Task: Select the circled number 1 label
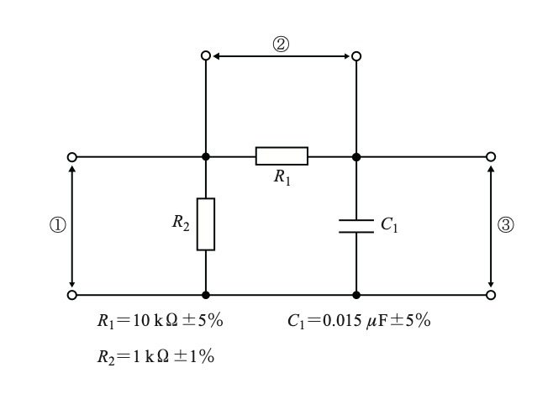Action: [58, 225]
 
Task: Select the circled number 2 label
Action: [281, 45]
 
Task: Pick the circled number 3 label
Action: [506, 225]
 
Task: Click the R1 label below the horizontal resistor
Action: [282, 176]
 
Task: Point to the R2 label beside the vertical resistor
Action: [181, 223]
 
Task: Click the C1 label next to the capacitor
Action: [389, 224]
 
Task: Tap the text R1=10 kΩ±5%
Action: [161, 321]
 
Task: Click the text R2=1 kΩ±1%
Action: [155, 357]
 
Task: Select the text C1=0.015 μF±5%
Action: [359, 321]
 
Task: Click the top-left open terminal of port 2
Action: [206, 55]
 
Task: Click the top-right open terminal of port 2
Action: [356, 56]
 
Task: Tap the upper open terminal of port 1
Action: [72, 157]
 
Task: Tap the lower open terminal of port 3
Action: [491, 295]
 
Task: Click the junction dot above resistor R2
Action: [206, 156]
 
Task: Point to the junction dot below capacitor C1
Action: [356, 295]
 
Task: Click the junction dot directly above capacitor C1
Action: [356, 157]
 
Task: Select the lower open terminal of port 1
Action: [72, 295]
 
